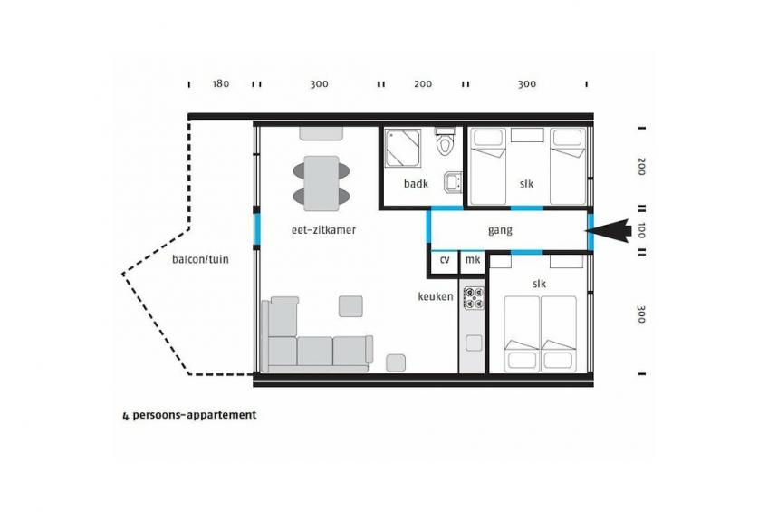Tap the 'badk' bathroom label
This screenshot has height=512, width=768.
tap(416, 184)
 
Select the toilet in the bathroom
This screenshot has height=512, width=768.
tap(446, 141)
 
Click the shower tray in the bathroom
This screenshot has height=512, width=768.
tap(403, 148)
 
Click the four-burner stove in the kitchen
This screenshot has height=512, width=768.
tap(474, 298)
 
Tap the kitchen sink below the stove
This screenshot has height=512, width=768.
tap(474, 343)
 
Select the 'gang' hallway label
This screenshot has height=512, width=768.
tap(500, 231)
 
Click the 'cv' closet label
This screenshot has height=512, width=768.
tap(445, 259)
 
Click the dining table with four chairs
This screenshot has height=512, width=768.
tap(322, 184)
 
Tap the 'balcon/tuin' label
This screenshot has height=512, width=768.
tap(200, 258)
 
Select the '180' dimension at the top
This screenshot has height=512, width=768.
tap(220, 83)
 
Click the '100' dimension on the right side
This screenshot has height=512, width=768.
tap(641, 230)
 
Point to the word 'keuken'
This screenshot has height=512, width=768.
tap(436, 296)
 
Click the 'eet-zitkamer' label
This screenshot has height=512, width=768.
tap(323, 230)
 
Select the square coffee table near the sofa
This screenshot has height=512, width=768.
tap(350, 306)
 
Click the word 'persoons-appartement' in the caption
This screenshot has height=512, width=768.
tap(195, 415)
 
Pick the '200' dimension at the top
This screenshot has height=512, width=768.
tap(423, 83)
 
